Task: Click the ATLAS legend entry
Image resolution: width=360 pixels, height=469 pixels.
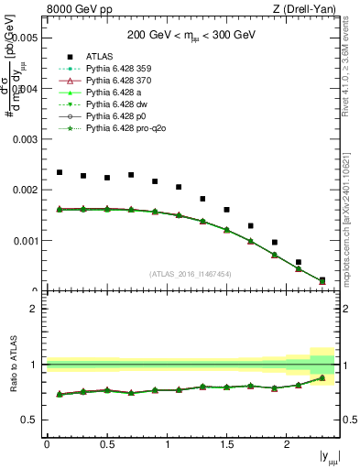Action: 100,56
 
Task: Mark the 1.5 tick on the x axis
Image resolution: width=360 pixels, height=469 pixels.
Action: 226,443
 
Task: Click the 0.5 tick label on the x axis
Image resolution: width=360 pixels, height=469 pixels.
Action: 106,443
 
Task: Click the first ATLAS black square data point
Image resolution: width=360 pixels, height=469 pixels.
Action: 60,172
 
